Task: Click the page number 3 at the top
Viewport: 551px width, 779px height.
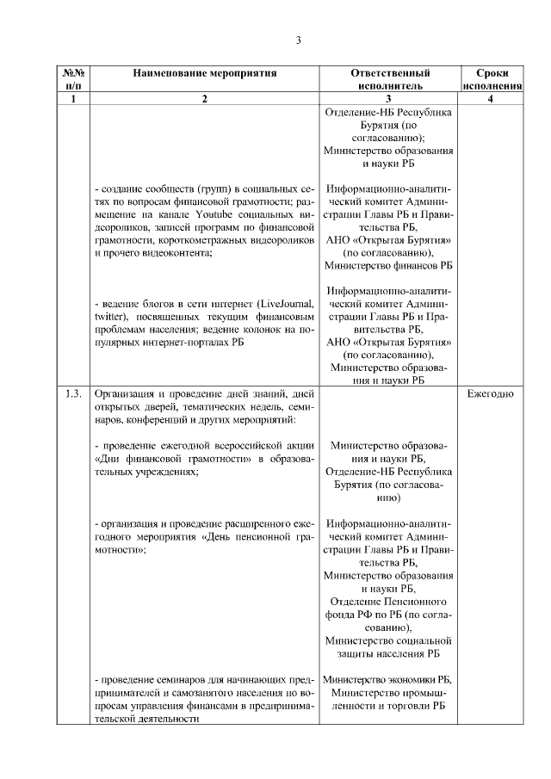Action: tap(298, 40)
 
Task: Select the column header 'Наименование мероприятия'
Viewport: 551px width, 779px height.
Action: tap(204, 73)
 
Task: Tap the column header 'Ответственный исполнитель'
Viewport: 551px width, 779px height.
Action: tap(390, 80)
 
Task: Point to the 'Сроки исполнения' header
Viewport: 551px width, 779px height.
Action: tap(492, 80)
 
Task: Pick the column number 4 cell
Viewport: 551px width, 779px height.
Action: tap(492, 99)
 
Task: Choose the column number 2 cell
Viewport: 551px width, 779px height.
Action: tap(204, 99)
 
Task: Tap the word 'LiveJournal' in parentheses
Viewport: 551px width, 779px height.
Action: tap(281, 305)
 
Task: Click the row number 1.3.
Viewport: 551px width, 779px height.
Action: tap(74, 394)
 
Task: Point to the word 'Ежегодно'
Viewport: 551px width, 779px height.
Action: tap(492, 394)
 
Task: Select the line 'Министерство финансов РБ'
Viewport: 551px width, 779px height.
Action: tap(390, 266)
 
